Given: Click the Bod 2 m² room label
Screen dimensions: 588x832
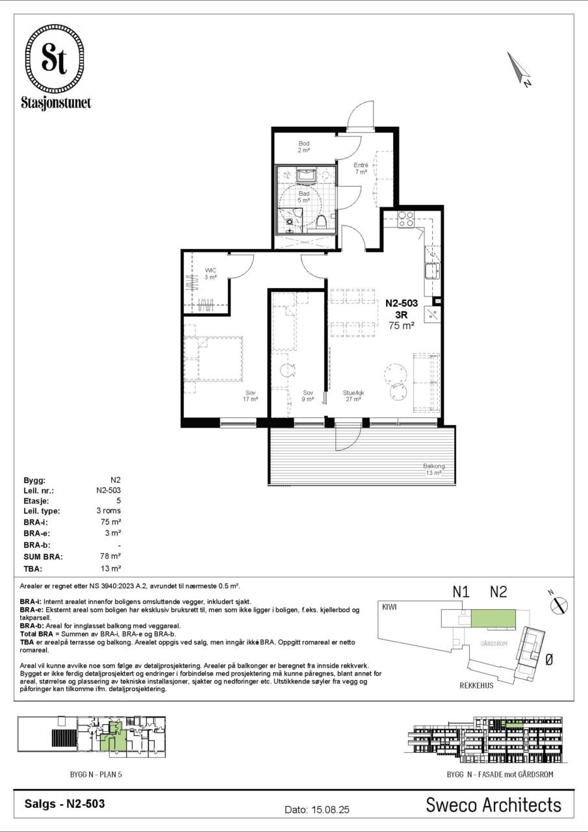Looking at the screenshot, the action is tap(303, 147).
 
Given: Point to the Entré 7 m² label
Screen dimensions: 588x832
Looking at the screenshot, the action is tap(361, 168).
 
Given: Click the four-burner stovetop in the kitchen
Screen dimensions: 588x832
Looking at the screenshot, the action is tap(405, 219).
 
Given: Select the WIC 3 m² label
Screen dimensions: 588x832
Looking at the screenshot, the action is tap(211, 274).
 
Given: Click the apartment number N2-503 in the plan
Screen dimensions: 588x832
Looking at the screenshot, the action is tap(402, 303).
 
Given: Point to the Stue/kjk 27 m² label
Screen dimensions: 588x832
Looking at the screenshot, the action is tap(353, 396).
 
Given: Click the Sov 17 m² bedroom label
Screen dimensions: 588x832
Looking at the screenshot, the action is tap(251, 396).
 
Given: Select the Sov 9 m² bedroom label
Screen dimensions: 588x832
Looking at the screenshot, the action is tap(308, 396).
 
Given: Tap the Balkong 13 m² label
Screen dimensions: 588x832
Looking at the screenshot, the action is tap(433, 469).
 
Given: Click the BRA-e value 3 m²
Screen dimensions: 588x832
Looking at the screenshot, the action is tap(113, 533).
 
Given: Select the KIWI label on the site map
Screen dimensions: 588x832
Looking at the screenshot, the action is tap(389, 607).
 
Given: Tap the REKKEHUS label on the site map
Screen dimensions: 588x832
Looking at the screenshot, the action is tap(477, 686).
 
